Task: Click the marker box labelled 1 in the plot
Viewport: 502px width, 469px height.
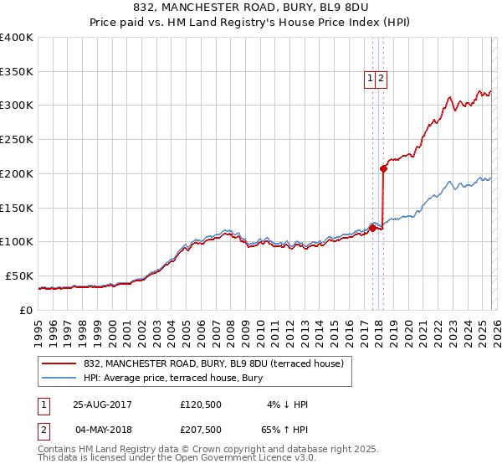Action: tap(370, 79)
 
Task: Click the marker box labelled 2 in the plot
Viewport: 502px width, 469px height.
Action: tap(382, 79)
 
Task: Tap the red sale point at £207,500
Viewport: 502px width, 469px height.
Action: tap(383, 168)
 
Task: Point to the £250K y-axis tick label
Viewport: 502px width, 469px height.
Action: tap(17, 140)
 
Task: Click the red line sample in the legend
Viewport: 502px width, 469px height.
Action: tap(59, 363)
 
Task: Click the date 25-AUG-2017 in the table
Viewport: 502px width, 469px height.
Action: tap(102, 405)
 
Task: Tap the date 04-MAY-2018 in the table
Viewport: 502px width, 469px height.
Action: tap(102, 430)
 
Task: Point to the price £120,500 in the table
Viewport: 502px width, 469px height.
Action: tap(200, 405)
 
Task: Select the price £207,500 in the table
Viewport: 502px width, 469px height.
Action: tap(200, 430)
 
